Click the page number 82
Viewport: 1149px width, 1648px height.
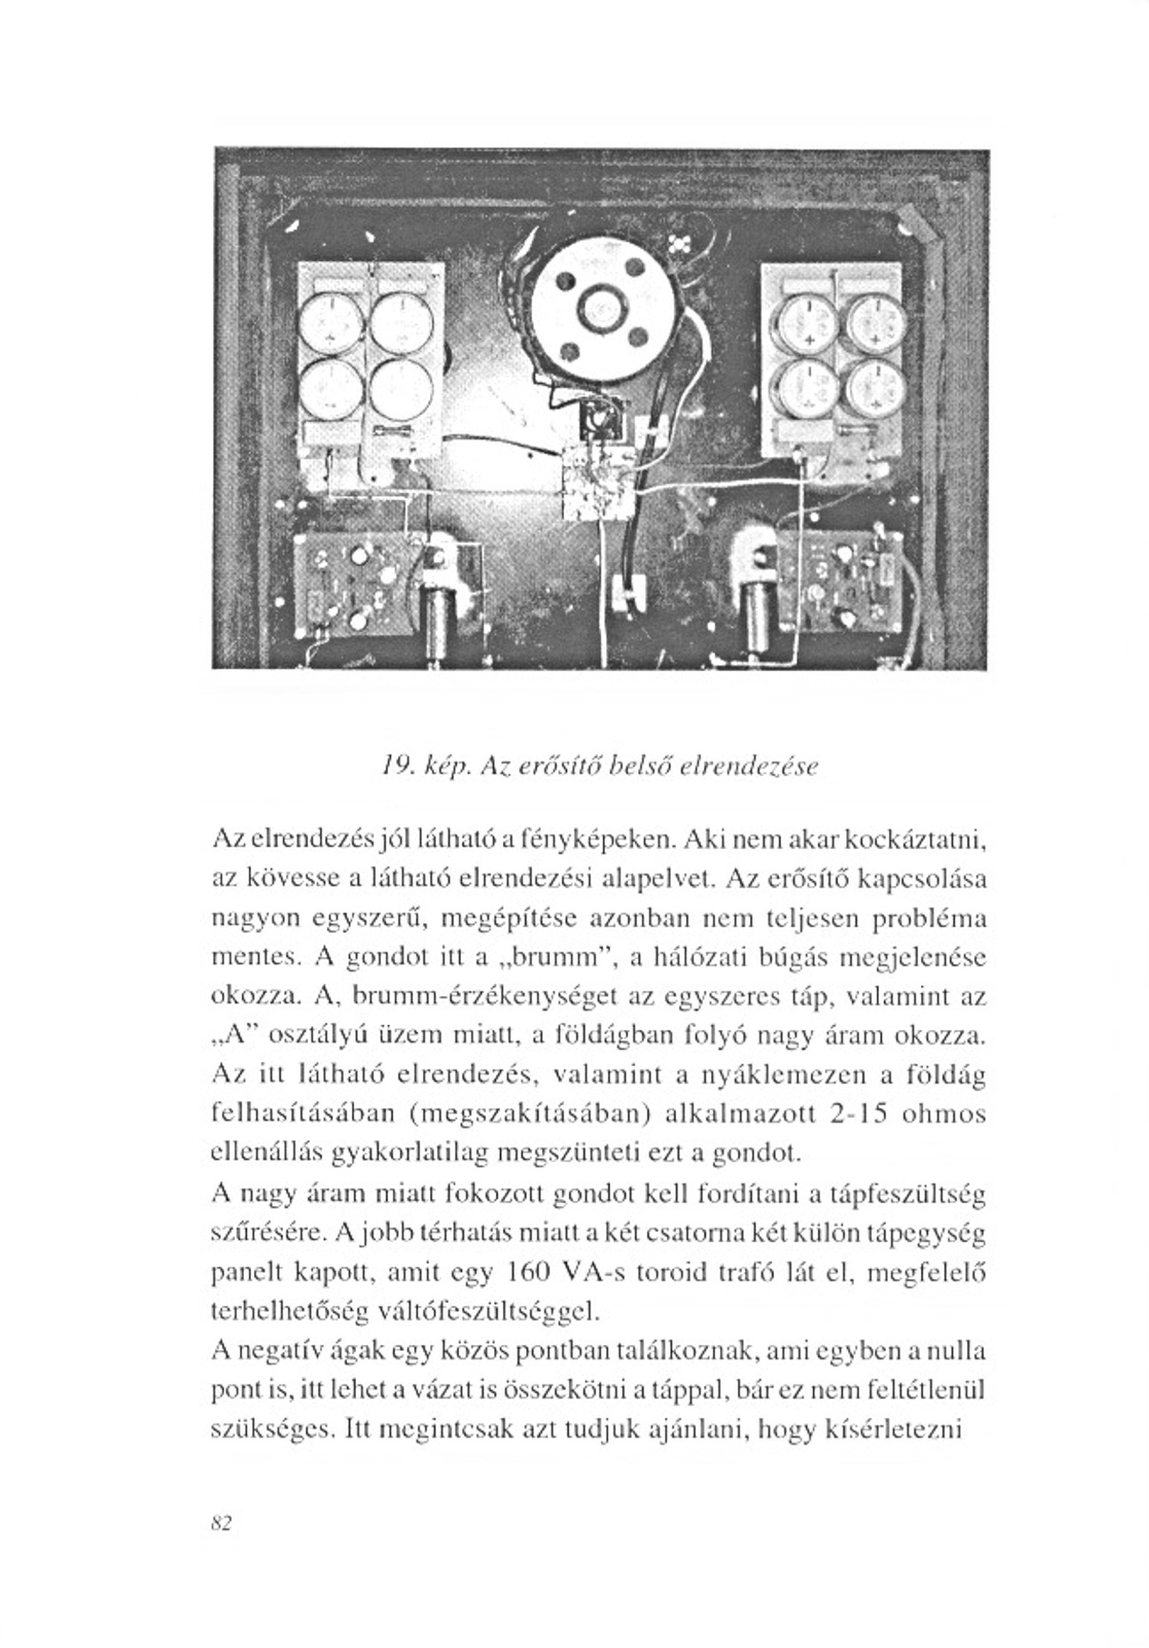point(221,1524)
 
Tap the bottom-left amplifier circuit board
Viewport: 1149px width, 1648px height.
point(350,584)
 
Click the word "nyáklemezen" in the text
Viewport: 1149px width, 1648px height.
point(784,1075)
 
